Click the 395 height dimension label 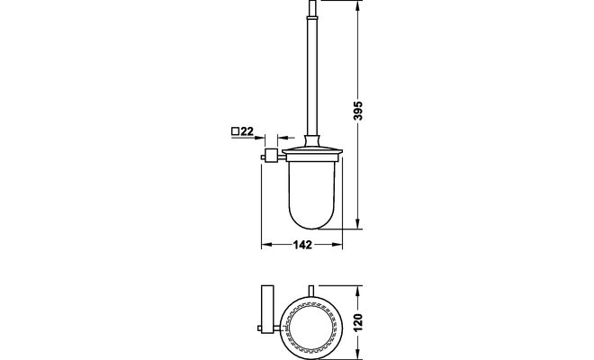point(357,111)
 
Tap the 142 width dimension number point(302,245)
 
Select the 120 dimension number point(357,321)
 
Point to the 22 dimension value point(247,131)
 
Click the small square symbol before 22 point(235,131)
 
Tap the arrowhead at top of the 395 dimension point(357,5)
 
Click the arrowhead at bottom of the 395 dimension point(357,223)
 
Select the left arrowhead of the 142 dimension point(266,245)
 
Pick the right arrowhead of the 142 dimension point(337,245)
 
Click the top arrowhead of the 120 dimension point(357,291)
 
